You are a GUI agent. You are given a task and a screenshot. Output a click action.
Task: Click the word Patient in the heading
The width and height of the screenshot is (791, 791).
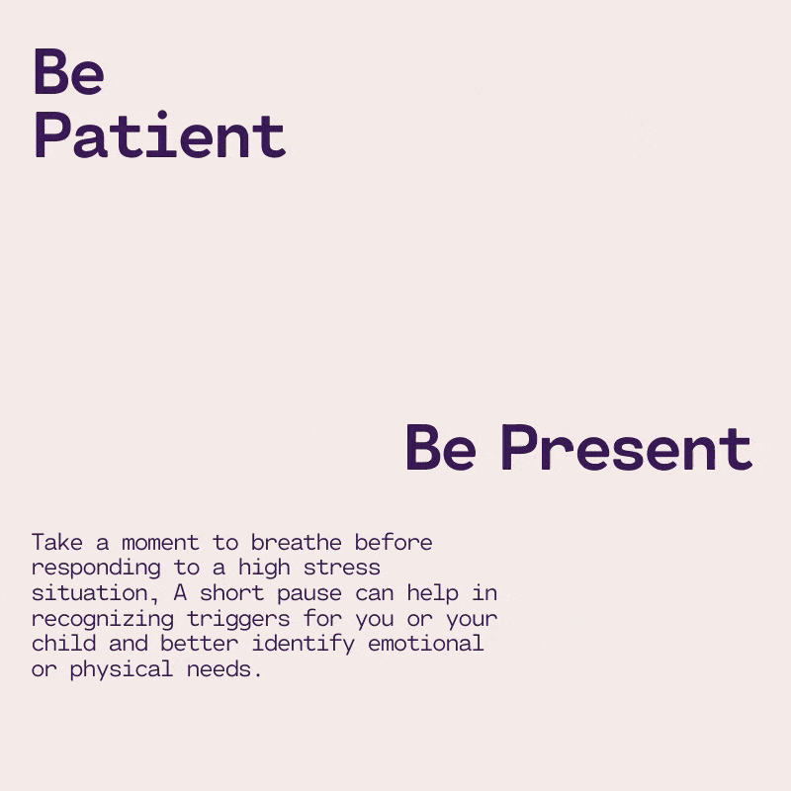pos(160,134)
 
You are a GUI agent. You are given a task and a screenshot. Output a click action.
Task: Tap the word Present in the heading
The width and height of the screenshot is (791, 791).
pos(627,448)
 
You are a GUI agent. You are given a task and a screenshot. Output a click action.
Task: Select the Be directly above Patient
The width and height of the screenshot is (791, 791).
pos(69,71)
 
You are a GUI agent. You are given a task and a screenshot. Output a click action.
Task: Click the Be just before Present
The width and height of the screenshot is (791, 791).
pos(440,448)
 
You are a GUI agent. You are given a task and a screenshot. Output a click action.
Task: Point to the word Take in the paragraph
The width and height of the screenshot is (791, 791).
pos(57,542)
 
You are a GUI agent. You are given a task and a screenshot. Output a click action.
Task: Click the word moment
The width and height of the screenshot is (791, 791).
pos(160,543)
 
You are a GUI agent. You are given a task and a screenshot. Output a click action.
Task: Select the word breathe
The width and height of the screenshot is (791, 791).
pos(296,542)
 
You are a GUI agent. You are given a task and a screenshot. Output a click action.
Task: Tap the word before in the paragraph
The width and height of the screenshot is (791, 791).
pos(393,542)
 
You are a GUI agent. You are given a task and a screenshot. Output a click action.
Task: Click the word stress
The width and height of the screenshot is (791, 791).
pos(341,568)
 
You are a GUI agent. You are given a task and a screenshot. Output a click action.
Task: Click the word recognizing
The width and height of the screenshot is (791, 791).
pos(103,620)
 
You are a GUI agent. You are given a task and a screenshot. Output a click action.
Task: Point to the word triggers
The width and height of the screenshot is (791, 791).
pos(238,620)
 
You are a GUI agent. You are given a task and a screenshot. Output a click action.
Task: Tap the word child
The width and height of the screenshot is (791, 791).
pos(63,644)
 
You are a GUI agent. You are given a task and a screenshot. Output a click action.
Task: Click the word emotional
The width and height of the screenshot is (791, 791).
pos(426,644)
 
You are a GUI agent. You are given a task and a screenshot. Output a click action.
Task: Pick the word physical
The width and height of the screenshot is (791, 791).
pos(122,670)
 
